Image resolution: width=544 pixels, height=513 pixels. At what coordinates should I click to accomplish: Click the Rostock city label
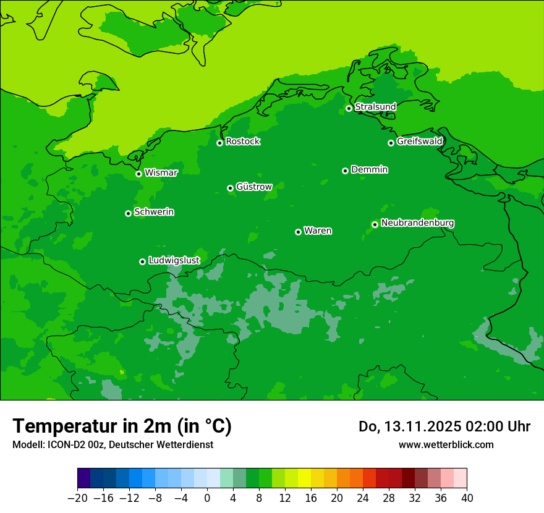(242, 142)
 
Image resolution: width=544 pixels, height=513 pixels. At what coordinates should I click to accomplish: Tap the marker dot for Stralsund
(349, 108)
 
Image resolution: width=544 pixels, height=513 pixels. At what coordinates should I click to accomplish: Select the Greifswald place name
(419, 142)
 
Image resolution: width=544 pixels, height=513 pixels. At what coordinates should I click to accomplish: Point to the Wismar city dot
(139, 174)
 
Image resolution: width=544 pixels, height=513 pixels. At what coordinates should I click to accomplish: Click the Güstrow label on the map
(254, 187)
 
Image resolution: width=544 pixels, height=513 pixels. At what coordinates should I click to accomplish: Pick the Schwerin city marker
(128, 213)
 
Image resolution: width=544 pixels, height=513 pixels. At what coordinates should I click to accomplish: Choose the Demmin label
(369, 169)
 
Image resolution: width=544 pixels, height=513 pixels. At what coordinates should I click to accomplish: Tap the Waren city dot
(298, 232)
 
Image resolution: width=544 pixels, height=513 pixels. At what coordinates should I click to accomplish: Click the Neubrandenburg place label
(417, 223)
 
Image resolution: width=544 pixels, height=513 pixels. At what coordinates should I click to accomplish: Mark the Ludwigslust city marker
(142, 261)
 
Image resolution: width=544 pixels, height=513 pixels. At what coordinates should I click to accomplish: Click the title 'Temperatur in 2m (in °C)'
(122, 426)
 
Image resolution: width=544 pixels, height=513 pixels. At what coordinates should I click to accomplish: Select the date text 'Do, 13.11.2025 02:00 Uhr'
(444, 426)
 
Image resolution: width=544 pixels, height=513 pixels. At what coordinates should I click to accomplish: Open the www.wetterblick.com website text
(446, 444)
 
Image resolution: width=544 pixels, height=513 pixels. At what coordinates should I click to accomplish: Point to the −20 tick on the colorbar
(78, 498)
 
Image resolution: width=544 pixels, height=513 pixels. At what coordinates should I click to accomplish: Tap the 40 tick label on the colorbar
(467, 498)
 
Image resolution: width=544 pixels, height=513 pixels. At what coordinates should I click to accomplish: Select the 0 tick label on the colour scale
(207, 498)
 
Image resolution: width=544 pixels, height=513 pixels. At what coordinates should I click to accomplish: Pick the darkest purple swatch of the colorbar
(84, 478)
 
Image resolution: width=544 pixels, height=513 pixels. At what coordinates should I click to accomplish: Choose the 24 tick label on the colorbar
(363, 498)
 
